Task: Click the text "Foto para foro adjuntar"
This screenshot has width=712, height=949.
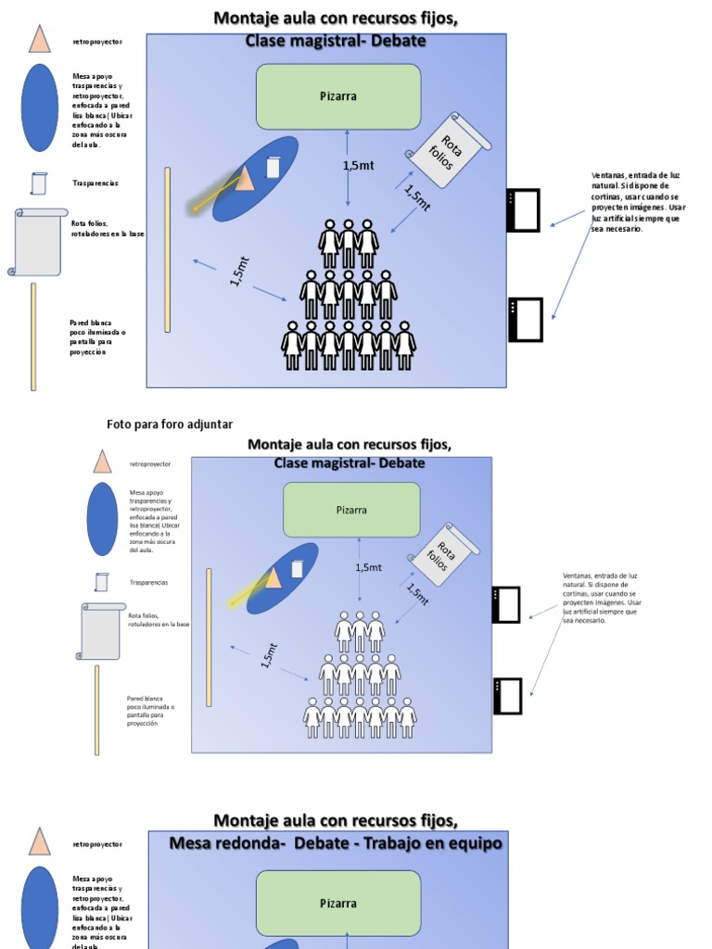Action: click(x=170, y=424)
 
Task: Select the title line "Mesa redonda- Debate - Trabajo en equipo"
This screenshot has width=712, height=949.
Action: click(x=336, y=843)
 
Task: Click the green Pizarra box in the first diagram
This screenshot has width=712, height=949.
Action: click(x=338, y=96)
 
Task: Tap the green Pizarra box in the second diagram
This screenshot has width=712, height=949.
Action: click(x=351, y=510)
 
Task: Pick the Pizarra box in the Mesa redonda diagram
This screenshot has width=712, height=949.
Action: click(x=338, y=904)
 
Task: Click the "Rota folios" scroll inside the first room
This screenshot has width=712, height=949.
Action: click(x=448, y=150)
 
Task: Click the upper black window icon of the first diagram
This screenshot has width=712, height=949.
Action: click(x=524, y=210)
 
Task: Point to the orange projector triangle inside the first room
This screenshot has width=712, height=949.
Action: click(x=245, y=178)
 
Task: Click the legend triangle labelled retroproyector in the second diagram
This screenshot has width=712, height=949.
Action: click(x=102, y=462)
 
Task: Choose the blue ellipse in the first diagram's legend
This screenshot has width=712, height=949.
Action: click(x=40, y=108)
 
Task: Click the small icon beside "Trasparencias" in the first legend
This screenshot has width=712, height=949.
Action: click(x=38, y=183)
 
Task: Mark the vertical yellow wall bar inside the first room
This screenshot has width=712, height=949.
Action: click(x=168, y=249)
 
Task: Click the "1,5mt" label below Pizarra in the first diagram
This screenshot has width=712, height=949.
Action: click(x=359, y=166)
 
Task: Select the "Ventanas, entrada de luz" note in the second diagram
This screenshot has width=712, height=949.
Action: click(x=602, y=598)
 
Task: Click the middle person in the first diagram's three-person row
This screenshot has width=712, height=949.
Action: click(x=349, y=243)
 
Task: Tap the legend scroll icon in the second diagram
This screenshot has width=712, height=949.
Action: click(x=100, y=630)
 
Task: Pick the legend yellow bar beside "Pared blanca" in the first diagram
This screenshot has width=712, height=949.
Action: click(x=34, y=336)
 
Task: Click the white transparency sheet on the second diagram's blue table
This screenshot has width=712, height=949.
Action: click(x=298, y=568)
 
